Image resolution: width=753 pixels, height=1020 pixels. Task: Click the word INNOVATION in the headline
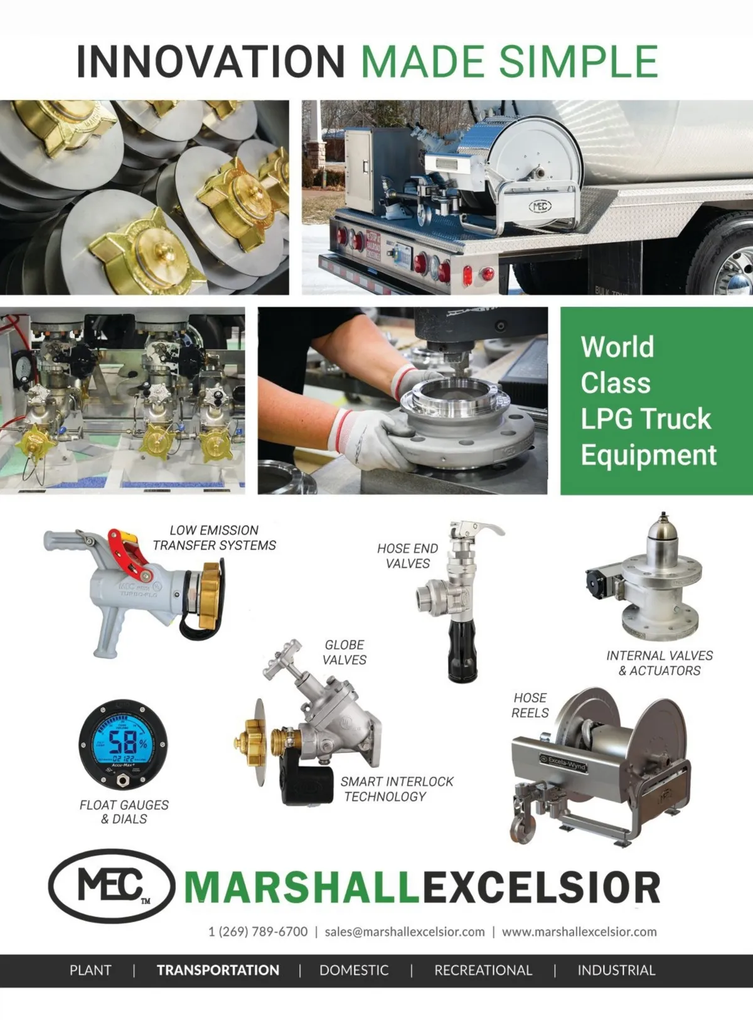click(210, 61)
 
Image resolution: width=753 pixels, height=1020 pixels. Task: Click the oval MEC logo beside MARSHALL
click(111, 886)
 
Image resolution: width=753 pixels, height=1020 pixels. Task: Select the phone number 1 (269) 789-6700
click(258, 932)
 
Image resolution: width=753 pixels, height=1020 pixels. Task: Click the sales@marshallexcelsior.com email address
click(404, 932)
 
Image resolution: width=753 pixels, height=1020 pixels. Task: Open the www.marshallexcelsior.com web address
click(579, 932)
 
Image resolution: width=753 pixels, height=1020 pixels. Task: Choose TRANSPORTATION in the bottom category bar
click(218, 970)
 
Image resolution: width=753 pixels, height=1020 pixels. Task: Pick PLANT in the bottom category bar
click(90, 970)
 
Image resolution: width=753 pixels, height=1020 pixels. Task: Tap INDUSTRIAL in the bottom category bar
click(616, 970)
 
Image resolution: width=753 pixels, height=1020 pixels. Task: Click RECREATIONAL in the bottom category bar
click(483, 970)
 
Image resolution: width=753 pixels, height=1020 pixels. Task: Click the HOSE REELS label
click(530, 705)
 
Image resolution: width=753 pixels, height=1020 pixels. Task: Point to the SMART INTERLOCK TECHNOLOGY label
click(397, 789)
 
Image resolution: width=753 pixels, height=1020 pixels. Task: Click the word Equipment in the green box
click(649, 455)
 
